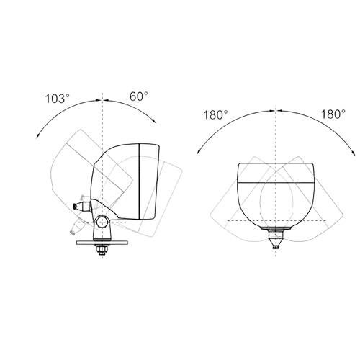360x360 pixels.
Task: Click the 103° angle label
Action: pos(58,99)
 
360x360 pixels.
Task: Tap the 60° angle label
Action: pos(139,96)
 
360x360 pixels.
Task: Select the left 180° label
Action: pos(215,114)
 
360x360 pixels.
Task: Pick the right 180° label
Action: pos(333,114)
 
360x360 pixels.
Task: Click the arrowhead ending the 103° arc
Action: pos(37,136)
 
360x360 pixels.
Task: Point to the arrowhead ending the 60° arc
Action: pos(154,121)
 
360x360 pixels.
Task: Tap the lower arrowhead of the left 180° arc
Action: pos(199,152)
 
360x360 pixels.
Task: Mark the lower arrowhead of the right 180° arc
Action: pos(353,153)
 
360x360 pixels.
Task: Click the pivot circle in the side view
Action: pos(102,222)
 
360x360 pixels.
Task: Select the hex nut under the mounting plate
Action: pos(102,249)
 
